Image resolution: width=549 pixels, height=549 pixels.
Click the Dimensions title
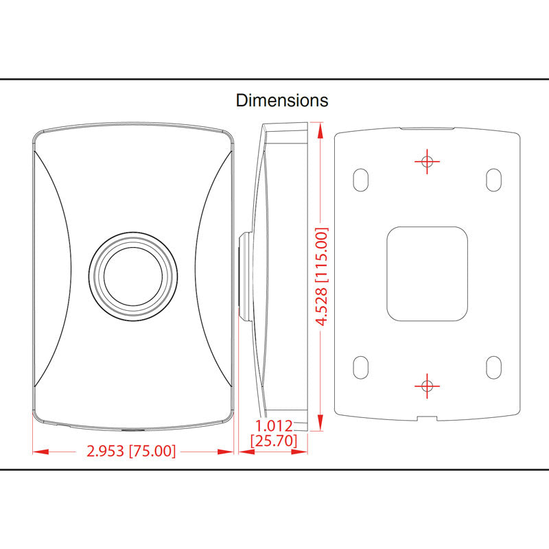pyautogui.click(x=282, y=100)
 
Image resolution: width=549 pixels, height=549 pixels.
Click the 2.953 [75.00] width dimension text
pyautogui.click(x=131, y=451)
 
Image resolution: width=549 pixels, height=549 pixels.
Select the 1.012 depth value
pyautogui.click(x=274, y=426)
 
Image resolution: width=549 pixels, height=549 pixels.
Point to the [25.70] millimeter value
pyautogui.click(x=274, y=441)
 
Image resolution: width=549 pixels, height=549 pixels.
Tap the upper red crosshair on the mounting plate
pyautogui.click(x=427, y=161)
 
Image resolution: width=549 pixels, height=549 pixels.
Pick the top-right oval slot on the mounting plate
pyautogui.click(x=493, y=179)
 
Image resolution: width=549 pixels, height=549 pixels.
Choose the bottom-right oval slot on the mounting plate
pyautogui.click(x=493, y=366)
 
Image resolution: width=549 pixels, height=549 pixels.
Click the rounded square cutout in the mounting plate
pyautogui.click(x=428, y=273)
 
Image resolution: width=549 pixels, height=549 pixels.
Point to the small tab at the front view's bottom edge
pyautogui.click(x=133, y=430)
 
